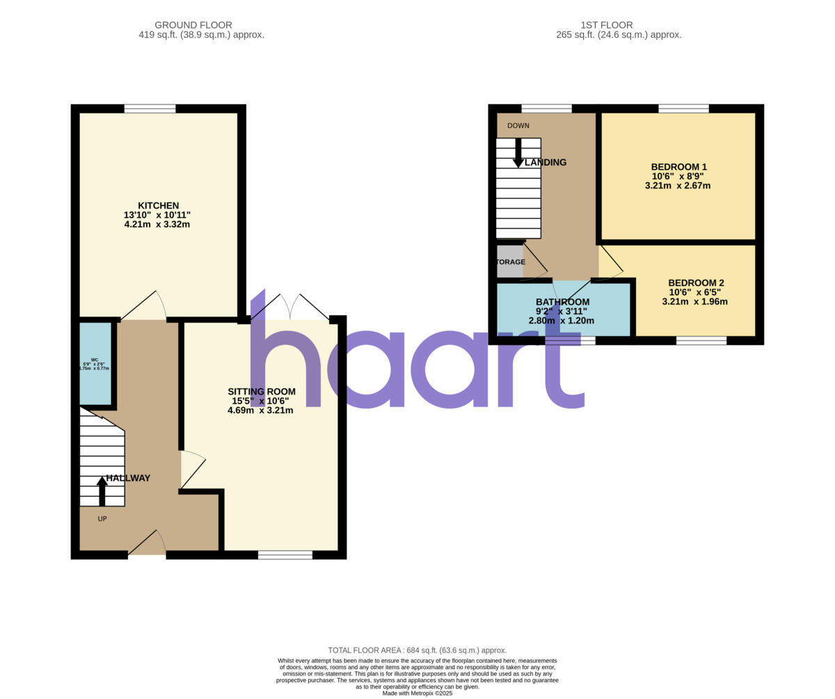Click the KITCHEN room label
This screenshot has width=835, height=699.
tap(158, 206)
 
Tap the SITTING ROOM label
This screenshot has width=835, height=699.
tap(261, 392)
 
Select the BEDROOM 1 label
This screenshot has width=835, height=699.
tap(678, 167)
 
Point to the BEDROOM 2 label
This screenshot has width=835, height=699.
tap(696, 283)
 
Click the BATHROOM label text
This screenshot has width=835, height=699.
tap(562, 302)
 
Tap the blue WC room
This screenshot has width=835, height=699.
tap(95, 364)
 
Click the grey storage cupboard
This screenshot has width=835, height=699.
tap(509, 262)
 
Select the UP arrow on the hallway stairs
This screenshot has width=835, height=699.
tap(102, 490)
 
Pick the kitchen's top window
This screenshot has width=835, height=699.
tap(150, 109)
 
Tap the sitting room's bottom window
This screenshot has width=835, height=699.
tap(285, 554)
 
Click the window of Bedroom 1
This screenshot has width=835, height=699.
tap(683, 109)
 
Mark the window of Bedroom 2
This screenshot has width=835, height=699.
tap(701, 340)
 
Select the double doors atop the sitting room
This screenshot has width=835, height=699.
tap(290, 307)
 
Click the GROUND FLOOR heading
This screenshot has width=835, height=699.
tap(193, 25)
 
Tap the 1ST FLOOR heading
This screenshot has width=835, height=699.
tap(607, 25)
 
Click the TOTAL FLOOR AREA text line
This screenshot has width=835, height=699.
tap(417, 650)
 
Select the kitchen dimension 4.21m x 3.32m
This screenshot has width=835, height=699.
tap(157, 225)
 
